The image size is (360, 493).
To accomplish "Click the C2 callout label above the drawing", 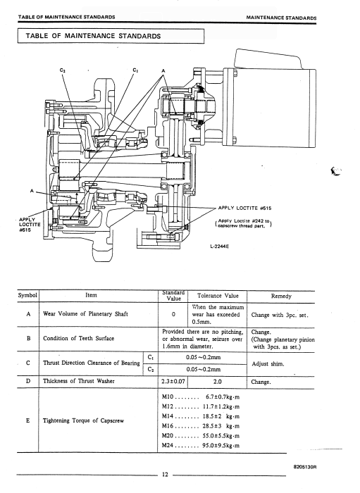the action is click(x=63, y=70).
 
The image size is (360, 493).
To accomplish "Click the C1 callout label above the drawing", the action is click(x=135, y=70).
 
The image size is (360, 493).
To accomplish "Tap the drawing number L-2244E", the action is click(x=220, y=246).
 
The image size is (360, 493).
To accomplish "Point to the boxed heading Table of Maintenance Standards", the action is click(x=93, y=36).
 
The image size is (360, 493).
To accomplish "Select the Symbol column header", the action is click(x=27, y=296).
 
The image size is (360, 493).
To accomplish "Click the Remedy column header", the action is click(x=281, y=297).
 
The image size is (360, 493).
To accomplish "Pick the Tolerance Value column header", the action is click(x=218, y=296).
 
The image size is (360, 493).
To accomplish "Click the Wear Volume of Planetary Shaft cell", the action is click(x=85, y=314).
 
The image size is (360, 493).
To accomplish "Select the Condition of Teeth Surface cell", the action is click(x=79, y=338).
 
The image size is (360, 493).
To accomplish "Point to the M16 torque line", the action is click(x=201, y=426).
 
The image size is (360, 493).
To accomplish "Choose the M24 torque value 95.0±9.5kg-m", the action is click(x=221, y=446).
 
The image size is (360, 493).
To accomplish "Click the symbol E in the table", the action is click(x=28, y=420).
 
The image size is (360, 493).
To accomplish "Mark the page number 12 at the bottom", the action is click(x=165, y=475).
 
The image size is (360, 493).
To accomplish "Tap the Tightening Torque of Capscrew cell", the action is click(x=83, y=420).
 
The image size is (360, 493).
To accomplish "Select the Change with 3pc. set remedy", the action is click(x=280, y=315).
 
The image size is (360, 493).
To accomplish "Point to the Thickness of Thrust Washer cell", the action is click(x=79, y=381).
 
